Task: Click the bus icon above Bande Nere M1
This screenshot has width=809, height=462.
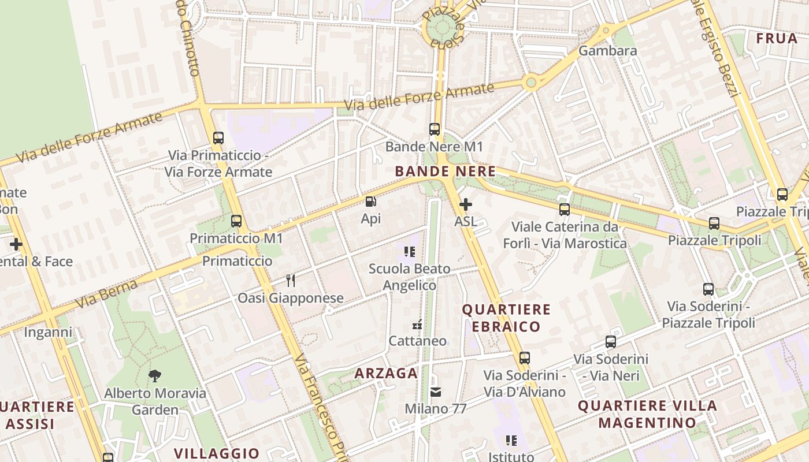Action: [x=435, y=129]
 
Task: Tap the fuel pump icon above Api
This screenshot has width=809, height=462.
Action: [x=370, y=202]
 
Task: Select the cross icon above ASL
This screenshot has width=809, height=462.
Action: [x=465, y=204]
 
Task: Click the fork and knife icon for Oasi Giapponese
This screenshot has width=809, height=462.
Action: [x=291, y=281]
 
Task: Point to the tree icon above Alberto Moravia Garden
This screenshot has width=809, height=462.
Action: [x=154, y=377]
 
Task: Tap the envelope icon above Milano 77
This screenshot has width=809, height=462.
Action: [x=436, y=392]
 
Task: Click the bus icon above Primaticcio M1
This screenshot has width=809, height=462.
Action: [x=236, y=221]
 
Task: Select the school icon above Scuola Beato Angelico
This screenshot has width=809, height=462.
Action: [x=410, y=252]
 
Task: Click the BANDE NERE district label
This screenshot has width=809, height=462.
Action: [x=445, y=172]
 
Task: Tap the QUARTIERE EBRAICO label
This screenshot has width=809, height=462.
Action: [x=506, y=318]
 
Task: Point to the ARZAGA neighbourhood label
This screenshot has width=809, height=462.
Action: [x=386, y=374]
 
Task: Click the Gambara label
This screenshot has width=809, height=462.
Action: [x=608, y=51]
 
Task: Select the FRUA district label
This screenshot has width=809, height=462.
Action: [x=777, y=39]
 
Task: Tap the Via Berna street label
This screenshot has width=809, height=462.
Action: [x=106, y=294]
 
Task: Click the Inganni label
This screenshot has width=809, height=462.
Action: [x=48, y=332]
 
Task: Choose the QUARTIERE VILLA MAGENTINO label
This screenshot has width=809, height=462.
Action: [x=647, y=414]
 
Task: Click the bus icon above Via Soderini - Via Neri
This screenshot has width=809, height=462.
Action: [x=611, y=342]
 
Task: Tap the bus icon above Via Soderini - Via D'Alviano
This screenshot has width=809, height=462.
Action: [x=524, y=358]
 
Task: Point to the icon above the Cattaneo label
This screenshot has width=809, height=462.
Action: [x=417, y=325]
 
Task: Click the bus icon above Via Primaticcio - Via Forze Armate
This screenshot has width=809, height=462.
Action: [x=218, y=138]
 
